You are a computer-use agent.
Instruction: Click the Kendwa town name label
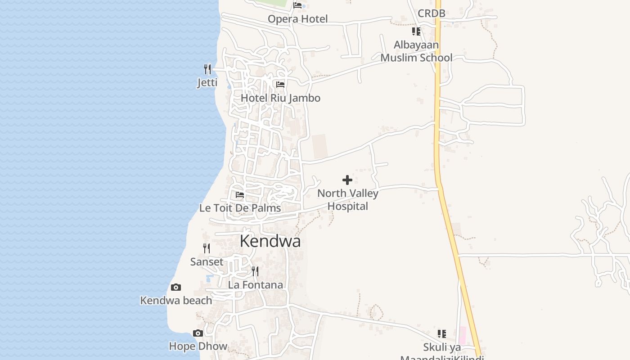270,241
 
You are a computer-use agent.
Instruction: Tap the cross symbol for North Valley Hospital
347,180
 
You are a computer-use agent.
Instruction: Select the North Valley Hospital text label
348,200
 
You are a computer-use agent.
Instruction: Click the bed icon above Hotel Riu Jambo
280,84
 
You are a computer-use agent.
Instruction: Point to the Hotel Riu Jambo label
280,98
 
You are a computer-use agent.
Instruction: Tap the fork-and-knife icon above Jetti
207,69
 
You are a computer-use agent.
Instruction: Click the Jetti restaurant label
207,83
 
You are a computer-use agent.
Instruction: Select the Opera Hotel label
297,19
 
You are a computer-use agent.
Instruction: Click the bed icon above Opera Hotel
297,5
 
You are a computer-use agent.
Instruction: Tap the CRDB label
431,13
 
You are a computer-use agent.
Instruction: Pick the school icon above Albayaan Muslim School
416,31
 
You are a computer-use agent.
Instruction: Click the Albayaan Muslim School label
416,51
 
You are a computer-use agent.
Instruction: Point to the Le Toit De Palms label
240,208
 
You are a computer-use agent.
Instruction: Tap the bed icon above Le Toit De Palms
240,195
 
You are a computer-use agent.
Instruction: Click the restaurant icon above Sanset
207,248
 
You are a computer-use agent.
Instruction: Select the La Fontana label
255,285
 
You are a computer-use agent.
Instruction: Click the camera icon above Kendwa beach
176,287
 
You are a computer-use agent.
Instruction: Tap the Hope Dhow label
198,346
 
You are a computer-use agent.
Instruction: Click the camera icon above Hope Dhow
198,333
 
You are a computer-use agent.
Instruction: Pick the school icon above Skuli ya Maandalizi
442,334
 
